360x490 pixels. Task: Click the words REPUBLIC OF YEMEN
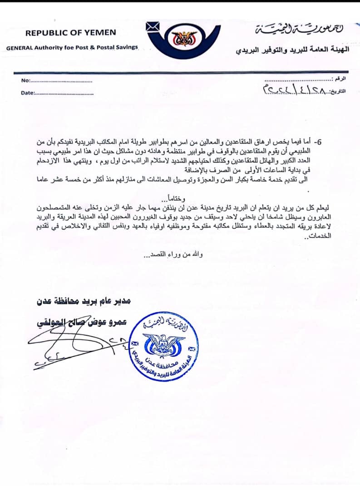(x=70, y=33)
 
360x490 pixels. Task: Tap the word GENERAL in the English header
(x=20, y=48)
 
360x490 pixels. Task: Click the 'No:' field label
(x=25, y=81)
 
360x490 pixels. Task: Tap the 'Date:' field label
(x=28, y=93)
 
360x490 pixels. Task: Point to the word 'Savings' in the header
(x=126, y=48)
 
